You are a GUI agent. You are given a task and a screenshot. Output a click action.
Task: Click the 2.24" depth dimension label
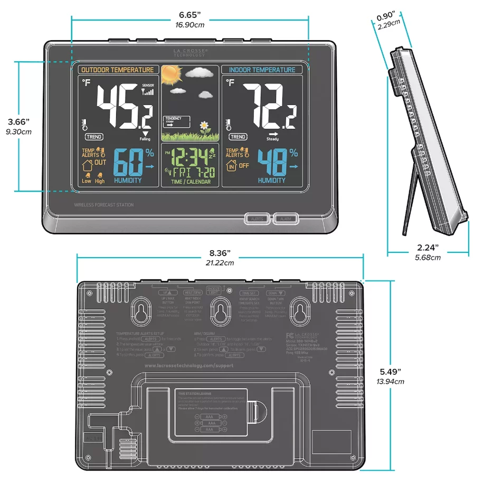coord(427,248)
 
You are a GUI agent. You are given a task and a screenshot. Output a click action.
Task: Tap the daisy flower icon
coord(204,127)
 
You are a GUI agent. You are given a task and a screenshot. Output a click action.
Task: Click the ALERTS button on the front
coord(258,219)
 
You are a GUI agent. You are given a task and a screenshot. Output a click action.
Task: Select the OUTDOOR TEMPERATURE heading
coord(117,70)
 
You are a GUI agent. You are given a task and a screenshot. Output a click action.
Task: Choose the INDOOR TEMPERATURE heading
coord(262,70)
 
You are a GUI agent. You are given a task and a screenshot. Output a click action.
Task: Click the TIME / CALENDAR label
coord(191,182)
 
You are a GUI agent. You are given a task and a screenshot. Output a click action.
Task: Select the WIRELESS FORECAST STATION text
coord(104,205)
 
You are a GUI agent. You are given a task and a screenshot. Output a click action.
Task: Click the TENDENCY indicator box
coord(176,121)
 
